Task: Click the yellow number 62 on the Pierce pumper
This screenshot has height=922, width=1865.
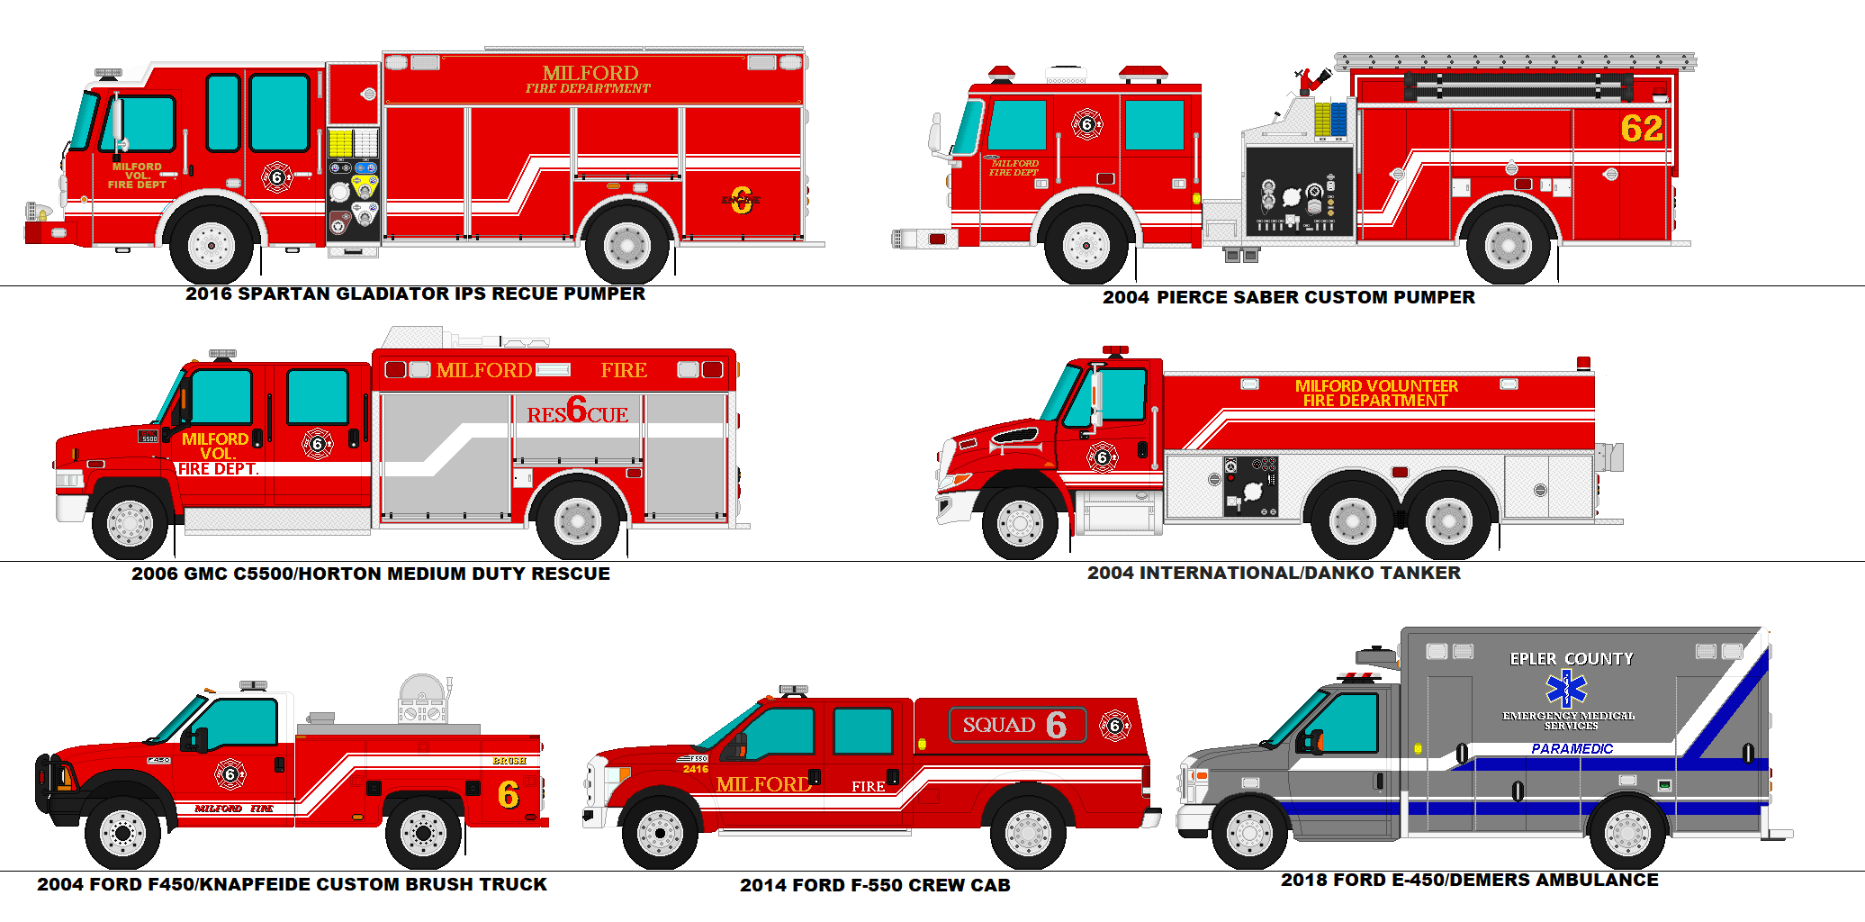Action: pos(1641,129)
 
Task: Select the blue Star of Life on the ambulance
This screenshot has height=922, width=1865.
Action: pos(1566,689)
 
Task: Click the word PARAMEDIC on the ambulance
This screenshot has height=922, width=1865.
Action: pos(1572,748)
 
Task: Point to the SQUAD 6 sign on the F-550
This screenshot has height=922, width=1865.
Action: pos(1016,725)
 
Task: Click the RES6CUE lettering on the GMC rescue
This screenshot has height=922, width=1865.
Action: pos(577,411)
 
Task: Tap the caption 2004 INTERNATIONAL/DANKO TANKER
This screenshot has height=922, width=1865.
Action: pos(1273,573)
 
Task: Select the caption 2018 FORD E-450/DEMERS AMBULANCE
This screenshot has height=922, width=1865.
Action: pos(1469,880)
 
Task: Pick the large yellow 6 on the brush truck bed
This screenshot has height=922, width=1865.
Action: pos(508,794)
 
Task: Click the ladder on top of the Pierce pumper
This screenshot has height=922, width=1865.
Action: pos(1514,61)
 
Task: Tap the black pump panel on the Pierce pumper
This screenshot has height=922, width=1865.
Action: pos(1299,192)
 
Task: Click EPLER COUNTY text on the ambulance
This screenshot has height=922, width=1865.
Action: pos(1571,659)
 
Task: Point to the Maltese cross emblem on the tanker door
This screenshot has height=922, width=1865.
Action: pos(1102,457)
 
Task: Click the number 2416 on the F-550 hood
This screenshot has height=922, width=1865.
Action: pos(695,769)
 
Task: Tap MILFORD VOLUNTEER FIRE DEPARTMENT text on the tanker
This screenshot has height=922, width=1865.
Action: pos(1375,393)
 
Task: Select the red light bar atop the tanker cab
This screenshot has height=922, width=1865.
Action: pos(1115,349)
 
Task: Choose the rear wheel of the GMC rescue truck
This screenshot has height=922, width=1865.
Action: pos(577,521)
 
